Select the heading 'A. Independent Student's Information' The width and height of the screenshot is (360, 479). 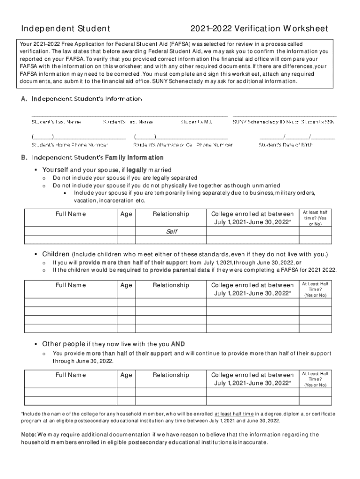[x=81, y=99]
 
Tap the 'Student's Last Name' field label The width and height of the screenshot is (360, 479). [x=56, y=122]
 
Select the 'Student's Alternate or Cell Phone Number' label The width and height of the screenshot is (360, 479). [x=183, y=145]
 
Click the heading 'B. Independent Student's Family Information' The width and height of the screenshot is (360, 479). [x=92, y=158]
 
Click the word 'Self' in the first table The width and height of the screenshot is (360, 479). [x=171, y=232]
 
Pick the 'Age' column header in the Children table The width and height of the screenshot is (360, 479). [x=126, y=285]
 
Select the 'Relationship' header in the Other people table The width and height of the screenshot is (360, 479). [x=171, y=375]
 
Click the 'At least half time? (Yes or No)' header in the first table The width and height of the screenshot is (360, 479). [x=315, y=218]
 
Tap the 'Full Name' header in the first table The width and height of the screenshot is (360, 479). [x=71, y=214]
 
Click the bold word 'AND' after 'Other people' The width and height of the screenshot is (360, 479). [x=178, y=344]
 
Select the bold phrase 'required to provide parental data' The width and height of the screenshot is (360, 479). [x=164, y=270]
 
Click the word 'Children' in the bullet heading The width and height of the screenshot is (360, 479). [x=56, y=254]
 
